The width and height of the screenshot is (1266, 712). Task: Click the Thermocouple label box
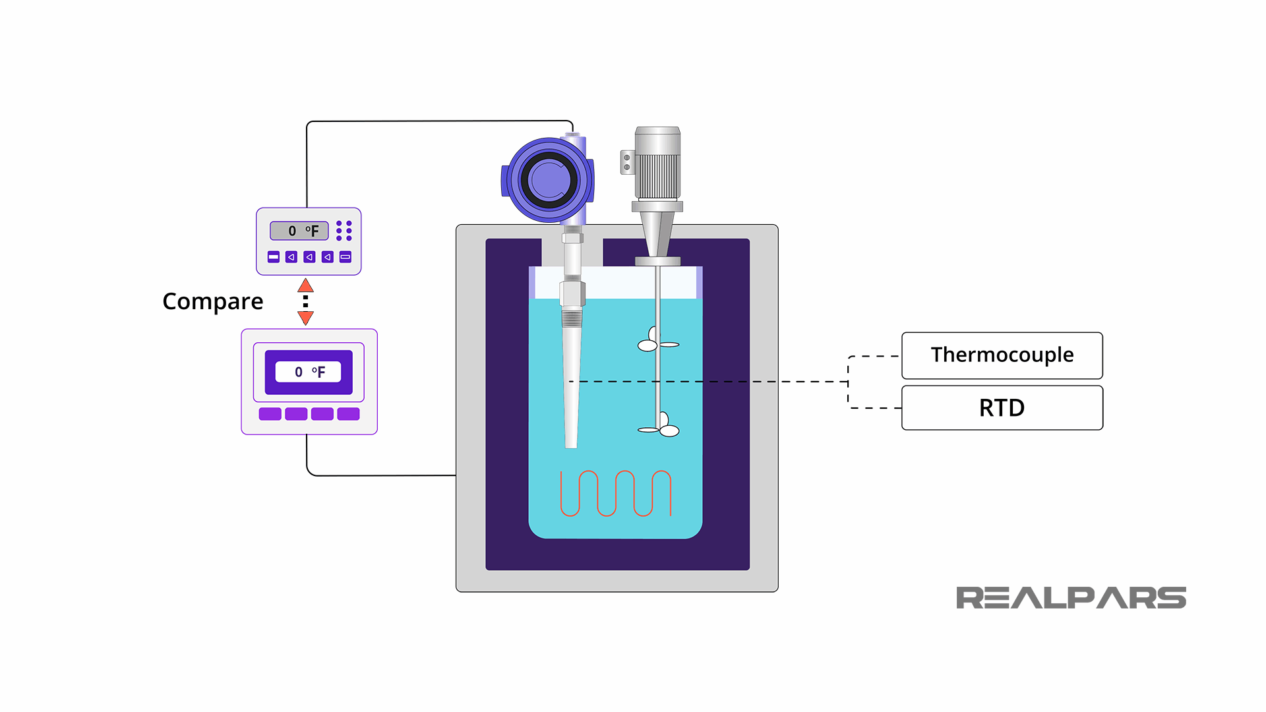1002,355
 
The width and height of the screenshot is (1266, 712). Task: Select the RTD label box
1002,408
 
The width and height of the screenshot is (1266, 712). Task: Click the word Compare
212,301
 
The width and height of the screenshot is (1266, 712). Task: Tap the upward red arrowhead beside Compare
305,286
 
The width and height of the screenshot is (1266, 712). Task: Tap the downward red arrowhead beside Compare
305,318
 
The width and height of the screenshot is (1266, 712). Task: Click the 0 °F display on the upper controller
299,231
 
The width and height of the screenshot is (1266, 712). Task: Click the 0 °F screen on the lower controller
309,372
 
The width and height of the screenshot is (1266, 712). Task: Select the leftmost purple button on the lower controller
270,414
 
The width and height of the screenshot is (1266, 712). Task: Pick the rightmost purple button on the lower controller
348,414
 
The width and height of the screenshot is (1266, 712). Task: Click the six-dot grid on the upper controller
344,231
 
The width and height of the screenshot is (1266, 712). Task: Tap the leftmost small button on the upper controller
274,257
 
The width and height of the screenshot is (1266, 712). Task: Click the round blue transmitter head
548,180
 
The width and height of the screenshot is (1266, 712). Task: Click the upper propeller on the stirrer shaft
656,341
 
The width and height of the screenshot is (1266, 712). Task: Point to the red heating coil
616,494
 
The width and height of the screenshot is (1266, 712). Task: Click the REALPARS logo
1071,598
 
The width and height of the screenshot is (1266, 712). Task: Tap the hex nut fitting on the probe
572,294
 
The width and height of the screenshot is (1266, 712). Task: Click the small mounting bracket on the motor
627,162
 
